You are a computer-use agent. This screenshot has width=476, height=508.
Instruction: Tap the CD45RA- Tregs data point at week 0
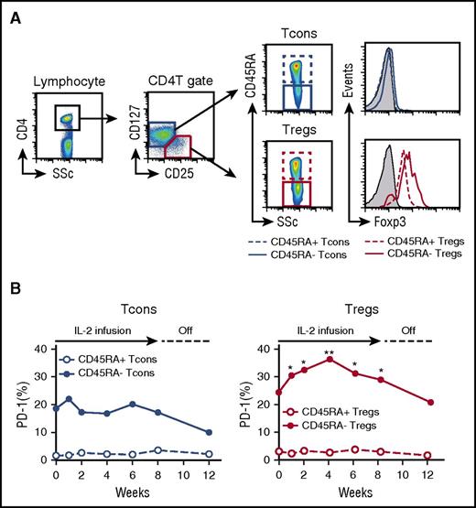280,393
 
